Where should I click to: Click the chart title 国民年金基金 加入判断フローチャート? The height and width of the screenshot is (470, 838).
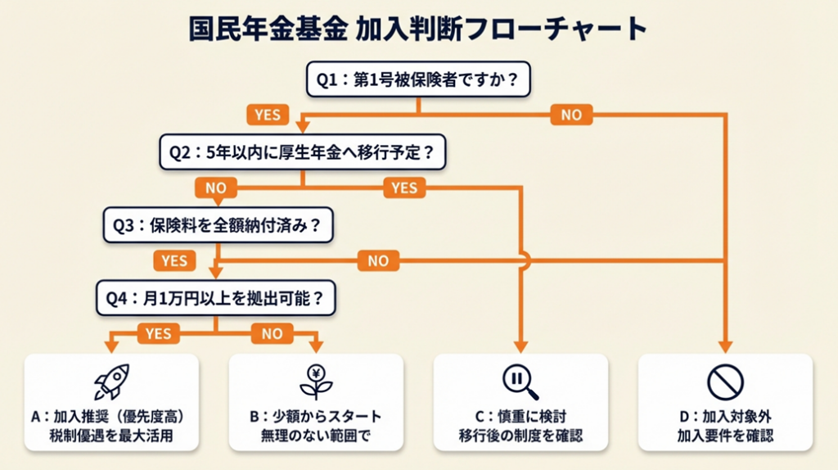point(418,29)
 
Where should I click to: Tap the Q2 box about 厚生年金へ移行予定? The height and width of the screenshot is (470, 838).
point(302,152)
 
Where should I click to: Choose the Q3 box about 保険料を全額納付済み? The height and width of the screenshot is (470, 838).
point(218,225)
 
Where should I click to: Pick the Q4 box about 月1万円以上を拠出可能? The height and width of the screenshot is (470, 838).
point(215,299)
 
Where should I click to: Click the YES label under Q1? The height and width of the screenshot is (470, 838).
point(268,115)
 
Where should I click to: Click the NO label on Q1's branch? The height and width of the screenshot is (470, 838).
point(571,115)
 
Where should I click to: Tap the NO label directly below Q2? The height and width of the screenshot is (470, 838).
point(216,188)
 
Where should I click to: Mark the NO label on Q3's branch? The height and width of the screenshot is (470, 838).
point(378,261)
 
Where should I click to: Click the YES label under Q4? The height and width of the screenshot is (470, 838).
point(158,333)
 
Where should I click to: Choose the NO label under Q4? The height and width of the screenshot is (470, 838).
point(272,333)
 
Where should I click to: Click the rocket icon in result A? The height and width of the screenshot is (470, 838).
point(112,382)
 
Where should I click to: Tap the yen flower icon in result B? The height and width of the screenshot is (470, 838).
point(316,382)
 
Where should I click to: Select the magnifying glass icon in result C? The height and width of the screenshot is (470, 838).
point(520,382)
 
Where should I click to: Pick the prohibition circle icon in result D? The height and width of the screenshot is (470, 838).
point(724,382)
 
